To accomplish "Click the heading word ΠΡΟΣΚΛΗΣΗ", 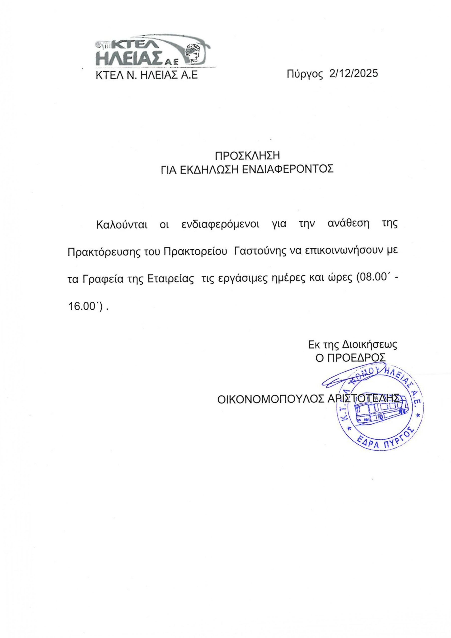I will [248, 156].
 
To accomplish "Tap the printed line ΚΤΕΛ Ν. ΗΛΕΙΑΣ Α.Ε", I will [147, 75].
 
